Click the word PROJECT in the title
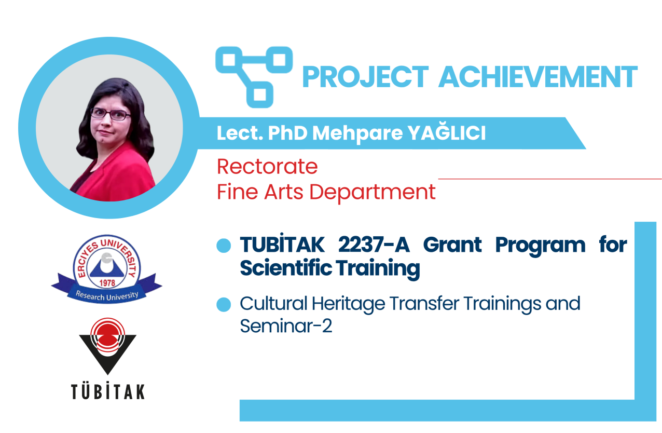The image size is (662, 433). tap(365, 77)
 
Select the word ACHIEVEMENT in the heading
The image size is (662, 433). tap(537, 77)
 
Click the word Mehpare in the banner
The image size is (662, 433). tap(357, 133)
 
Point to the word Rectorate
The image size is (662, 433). tap(267, 166)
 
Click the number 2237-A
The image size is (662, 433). tap(374, 245)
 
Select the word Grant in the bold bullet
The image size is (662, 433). tap(452, 245)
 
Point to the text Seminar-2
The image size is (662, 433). tap(286, 326)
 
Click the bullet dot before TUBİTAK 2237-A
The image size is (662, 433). tap(224, 246)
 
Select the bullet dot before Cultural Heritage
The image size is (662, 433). tap(224, 305)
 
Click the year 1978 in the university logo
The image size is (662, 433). tap(107, 283)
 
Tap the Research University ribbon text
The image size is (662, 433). tap(107, 295)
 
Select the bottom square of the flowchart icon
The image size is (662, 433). tap(260, 94)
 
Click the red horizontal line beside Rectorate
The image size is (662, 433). tap(550, 179)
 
